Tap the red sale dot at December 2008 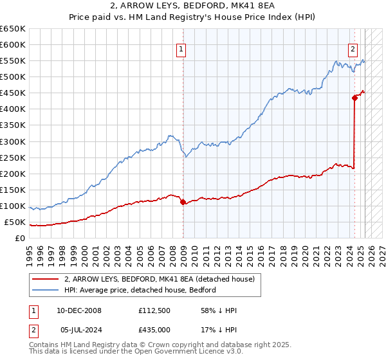coord(183,202)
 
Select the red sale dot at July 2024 coord(354,98)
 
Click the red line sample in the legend coord(45,279)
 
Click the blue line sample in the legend coord(45,290)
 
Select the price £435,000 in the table coord(155,328)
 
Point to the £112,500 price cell coord(155,311)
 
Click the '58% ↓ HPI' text coord(219,311)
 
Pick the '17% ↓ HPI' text coord(219,328)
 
